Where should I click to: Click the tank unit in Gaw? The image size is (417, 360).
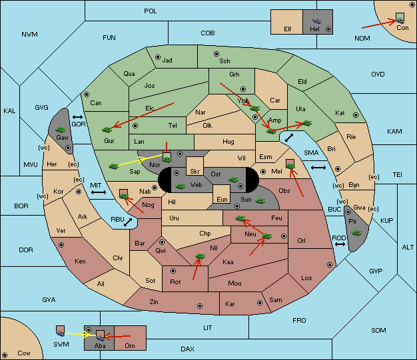(61, 130)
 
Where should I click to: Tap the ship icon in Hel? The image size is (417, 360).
(316, 21)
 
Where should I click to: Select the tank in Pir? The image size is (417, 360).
(356, 233)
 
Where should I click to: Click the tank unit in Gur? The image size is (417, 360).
(107, 130)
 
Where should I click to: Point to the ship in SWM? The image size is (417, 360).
(61, 332)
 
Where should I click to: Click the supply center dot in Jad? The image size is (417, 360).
(158, 57)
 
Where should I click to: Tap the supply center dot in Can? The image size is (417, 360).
(87, 94)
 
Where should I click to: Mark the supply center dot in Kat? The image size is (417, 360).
(356, 115)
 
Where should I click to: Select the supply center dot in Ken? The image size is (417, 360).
(61, 245)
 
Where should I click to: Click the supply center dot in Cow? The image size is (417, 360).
(5, 355)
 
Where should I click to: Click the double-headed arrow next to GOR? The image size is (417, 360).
(77, 117)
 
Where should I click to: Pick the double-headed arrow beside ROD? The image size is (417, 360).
(340, 244)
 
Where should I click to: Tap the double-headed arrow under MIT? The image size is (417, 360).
(99, 192)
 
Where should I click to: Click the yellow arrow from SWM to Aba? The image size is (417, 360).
(78, 334)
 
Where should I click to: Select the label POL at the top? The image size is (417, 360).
(151, 11)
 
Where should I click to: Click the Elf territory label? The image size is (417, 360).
(288, 29)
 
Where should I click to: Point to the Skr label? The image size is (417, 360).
(195, 172)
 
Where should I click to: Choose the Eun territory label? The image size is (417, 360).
(222, 199)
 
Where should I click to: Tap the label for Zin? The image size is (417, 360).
(154, 302)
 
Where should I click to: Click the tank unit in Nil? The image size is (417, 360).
(200, 256)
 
